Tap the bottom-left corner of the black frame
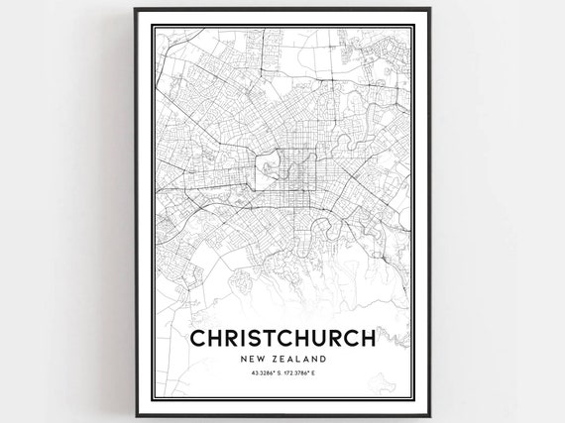point(131,417)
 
